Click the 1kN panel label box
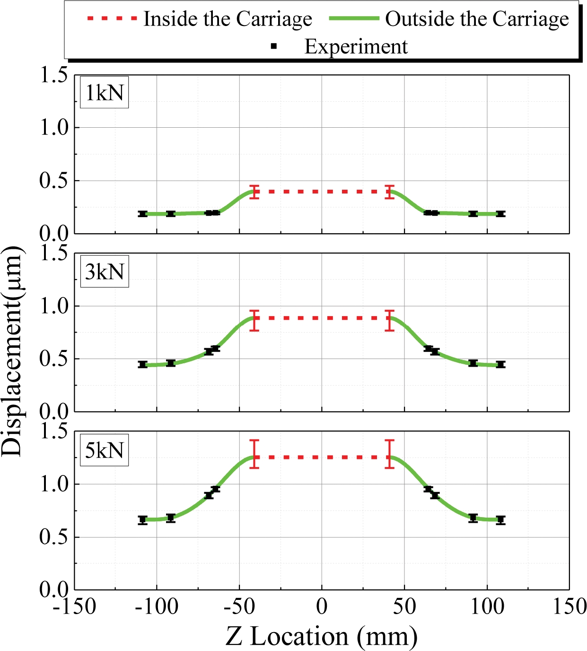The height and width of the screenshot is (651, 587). (x=104, y=92)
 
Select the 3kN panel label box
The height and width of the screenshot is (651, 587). (x=104, y=272)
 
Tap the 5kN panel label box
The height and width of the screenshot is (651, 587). (x=104, y=449)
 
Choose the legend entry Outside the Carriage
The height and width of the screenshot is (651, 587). (x=449, y=19)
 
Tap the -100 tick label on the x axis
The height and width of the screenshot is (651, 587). (x=157, y=607)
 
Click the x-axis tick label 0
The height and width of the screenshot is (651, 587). (x=322, y=607)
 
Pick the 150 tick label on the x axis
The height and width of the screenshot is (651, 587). (x=569, y=607)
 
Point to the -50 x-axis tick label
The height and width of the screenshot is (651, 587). (x=239, y=607)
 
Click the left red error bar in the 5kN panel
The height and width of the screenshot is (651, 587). (x=254, y=454)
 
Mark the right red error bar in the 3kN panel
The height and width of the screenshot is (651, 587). (x=389, y=320)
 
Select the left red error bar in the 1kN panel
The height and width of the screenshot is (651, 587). (x=254, y=192)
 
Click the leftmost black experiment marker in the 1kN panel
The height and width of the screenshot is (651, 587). (x=143, y=214)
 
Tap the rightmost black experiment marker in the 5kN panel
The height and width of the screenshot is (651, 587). (x=500, y=520)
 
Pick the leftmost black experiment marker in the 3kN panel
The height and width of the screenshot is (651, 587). (x=143, y=364)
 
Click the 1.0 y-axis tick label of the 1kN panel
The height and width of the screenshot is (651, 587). (x=54, y=127)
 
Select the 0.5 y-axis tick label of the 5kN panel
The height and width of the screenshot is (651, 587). (x=54, y=537)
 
